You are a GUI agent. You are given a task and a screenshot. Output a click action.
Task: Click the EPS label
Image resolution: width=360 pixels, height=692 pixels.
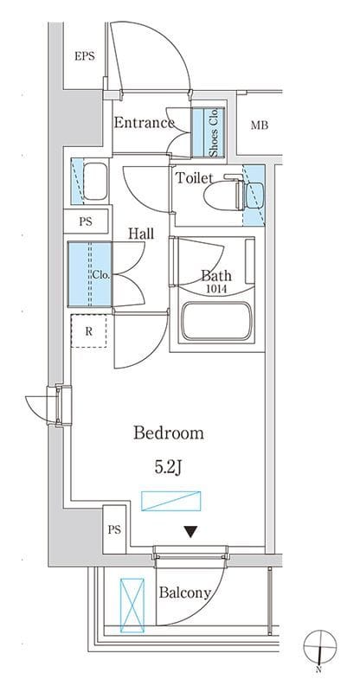tap(84, 56)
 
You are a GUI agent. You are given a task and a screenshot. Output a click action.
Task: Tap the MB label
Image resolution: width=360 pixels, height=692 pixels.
tap(260, 125)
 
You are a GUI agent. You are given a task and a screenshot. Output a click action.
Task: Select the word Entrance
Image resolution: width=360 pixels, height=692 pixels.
tap(144, 123)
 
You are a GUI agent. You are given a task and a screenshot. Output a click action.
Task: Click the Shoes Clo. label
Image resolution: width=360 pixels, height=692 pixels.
tap(215, 132)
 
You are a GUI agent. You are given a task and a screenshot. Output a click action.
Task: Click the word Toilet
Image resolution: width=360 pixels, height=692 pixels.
tap(195, 178)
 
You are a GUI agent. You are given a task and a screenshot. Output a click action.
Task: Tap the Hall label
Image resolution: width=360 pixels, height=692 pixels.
tap(141, 234)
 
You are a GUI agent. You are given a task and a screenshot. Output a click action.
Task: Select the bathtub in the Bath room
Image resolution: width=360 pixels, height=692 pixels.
tap(216, 322)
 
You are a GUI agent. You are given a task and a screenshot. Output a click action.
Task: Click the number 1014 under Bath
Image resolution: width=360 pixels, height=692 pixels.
tap(216, 290)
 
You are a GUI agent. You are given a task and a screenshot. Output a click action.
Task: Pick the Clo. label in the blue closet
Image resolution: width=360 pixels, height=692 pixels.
tap(101, 274)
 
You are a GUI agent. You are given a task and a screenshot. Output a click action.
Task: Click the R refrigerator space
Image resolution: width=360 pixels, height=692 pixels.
tap(89, 330)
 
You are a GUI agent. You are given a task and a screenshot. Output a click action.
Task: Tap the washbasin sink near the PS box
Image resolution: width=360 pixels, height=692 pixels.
tap(95, 182)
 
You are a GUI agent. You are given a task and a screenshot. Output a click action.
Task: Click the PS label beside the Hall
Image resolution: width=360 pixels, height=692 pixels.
tap(86, 221)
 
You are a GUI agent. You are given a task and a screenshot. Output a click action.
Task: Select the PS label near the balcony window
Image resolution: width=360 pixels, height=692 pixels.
tap(114, 529)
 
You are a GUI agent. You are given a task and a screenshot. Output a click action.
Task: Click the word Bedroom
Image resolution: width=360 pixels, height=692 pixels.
tap(169, 433)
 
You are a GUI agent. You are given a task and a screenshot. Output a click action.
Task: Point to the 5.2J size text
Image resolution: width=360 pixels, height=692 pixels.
tap(168, 468)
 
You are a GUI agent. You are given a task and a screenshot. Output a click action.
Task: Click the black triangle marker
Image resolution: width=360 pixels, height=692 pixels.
tap(190, 532)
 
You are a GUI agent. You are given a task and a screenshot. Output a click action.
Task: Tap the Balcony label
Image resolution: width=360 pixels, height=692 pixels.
tap(184, 593)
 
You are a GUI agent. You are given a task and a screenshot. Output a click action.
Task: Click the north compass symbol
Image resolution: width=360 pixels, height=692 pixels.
tap(320, 648)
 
